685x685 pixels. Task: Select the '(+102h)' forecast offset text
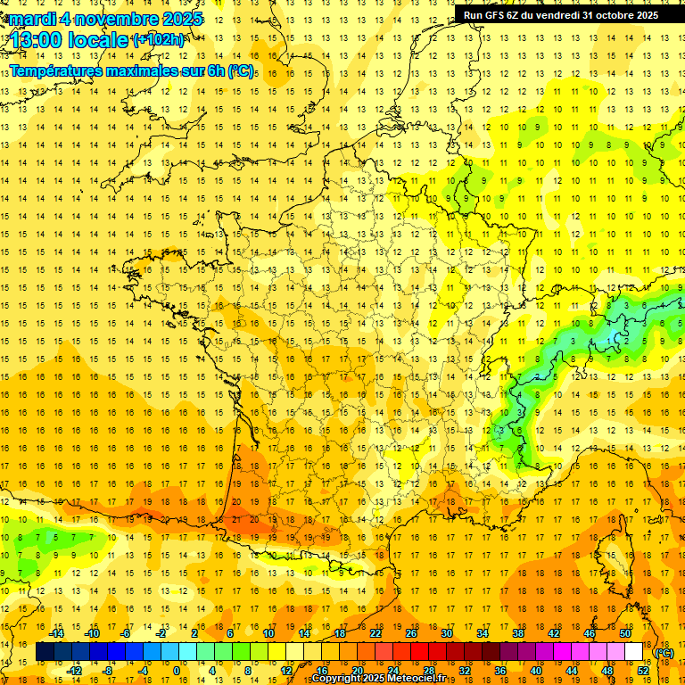[159, 40]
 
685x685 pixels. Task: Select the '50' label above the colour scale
[624, 633]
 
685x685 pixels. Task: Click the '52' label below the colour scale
[643, 671]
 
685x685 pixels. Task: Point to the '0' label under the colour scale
[177, 671]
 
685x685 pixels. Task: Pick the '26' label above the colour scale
[411, 633]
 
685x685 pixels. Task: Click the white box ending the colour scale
[633, 652]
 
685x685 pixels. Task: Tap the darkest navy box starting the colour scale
[45, 652]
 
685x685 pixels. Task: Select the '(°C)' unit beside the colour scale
[664, 652]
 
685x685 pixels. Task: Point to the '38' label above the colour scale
[518, 633]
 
